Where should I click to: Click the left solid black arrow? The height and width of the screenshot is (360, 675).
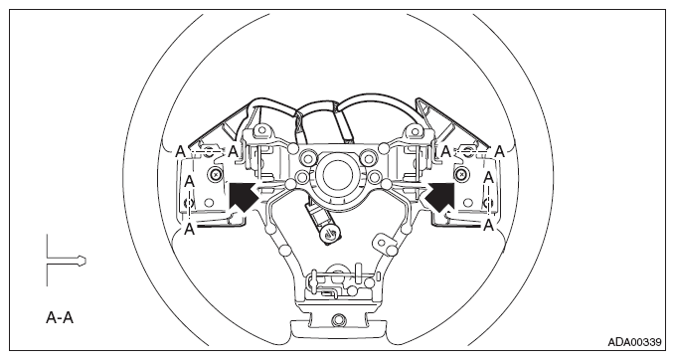(244, 196)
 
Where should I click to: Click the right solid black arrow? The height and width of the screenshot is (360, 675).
(440, 197)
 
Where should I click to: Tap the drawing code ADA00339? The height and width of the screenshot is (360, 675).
(634, 342)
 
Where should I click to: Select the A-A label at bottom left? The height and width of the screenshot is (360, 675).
(60, 318)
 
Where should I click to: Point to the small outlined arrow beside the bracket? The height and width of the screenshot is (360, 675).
(82, 261)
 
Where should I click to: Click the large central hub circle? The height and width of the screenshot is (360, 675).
(338, 175)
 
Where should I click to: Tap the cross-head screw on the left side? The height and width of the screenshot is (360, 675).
(215, 174)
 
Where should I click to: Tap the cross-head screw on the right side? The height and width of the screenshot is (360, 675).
(461, 174)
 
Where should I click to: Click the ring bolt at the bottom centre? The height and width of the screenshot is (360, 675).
(338, 319)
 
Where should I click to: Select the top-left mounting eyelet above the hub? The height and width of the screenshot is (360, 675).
(260, 129)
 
